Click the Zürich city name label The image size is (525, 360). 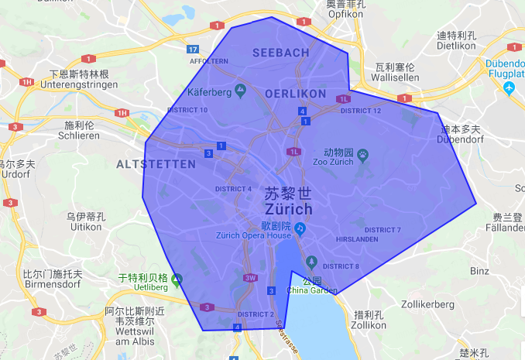[x=288, y=209]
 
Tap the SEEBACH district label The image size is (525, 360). [x=280, y=52]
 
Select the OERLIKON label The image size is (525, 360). [x=295, y=93]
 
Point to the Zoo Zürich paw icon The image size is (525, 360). [x=362, y=155]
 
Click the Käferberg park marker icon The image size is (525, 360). [x=240, y=92]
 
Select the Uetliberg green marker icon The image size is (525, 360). [x=177, y=279]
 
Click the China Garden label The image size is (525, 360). [x=312, y=290]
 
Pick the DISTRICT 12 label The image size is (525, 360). [x=361, y=111]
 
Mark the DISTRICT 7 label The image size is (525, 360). [x=383, y=230]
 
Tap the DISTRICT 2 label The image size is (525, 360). [x=256, y=314]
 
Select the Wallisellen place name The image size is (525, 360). [x=396, y=77]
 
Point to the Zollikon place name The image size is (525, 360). [x=369, y=325]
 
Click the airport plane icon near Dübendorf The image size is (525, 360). [x=510, y=89]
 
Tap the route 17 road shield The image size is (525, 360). [x=193, y=50]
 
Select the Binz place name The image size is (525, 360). [x=479, y=271]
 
